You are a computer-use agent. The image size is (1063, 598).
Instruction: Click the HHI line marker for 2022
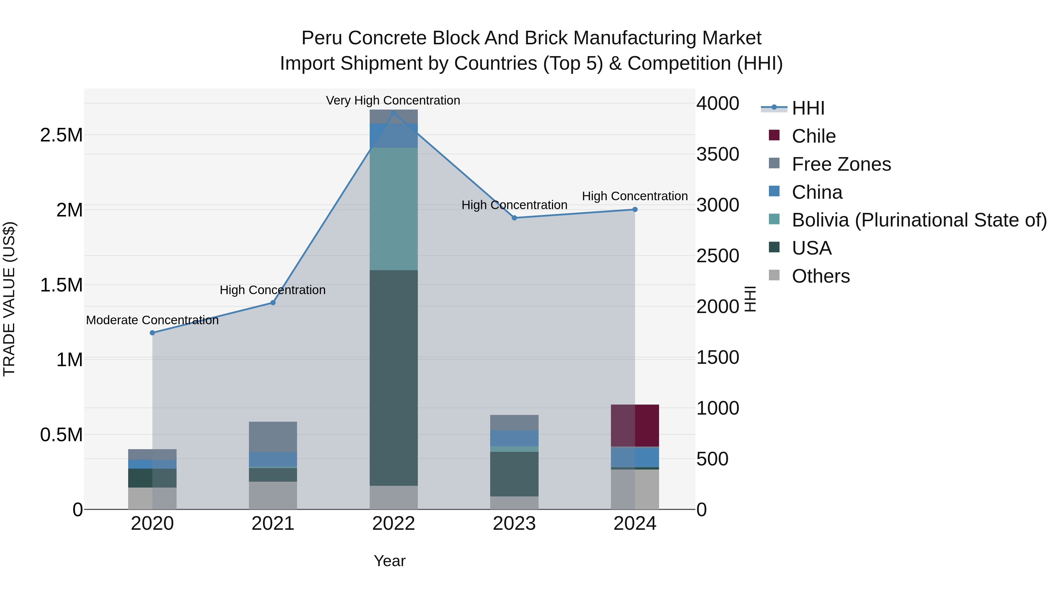[x=393, y=113]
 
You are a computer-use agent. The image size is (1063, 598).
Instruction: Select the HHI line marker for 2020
[x=152, y=333]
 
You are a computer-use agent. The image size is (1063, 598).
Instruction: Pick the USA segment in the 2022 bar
[x=393, y=378]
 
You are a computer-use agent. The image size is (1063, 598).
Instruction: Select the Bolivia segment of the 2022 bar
[x=393, y=208]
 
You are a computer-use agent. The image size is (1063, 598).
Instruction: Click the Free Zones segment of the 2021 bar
[x=273, y=437]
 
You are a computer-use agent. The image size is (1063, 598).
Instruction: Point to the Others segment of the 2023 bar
[x=514, y=503]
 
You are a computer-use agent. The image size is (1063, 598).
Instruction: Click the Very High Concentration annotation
[x=393, y=100]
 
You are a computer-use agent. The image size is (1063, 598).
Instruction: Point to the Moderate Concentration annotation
[x=152, y=320]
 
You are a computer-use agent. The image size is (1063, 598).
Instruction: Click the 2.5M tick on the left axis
[x=61, y=135]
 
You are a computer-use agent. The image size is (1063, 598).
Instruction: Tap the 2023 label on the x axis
[x=514, y=524]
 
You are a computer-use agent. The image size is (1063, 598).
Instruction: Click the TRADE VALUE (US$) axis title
[x=9, y=299]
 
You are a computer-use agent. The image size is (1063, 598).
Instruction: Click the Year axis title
[x=389, y=561]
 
